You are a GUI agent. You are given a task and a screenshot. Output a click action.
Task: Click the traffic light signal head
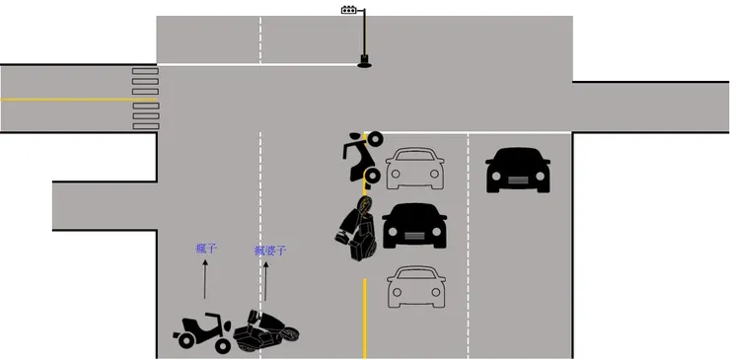[348, 10]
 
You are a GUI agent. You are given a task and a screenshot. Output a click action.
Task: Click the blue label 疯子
[206, 249]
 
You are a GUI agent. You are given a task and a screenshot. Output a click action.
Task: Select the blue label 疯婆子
[270, 252]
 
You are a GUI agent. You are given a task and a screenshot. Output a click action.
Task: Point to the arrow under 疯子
[205, 279]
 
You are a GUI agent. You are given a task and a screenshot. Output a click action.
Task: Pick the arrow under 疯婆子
[265, 281]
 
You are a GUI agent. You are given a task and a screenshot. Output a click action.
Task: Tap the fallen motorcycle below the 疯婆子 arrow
[265, 330]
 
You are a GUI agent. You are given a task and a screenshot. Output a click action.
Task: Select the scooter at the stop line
[363, 159]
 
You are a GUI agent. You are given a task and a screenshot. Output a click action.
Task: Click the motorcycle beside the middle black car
[357, 229]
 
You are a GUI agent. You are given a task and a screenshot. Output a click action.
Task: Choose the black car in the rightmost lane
[518, 170]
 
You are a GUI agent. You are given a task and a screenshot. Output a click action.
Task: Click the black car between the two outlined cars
[414, 226]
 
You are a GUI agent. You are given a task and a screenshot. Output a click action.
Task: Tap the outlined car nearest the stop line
[414, 168]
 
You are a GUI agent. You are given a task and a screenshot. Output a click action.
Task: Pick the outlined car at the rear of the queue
[415, 286]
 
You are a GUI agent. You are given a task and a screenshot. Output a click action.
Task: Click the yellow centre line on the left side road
[78, 100]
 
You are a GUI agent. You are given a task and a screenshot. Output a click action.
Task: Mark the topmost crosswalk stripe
[145, 71]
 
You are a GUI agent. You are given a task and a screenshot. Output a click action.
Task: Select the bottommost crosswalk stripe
[146, 126]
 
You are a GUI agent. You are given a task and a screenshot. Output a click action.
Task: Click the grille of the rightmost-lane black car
[518, 180]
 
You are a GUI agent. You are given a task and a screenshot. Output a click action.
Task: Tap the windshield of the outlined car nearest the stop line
[414, 155]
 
